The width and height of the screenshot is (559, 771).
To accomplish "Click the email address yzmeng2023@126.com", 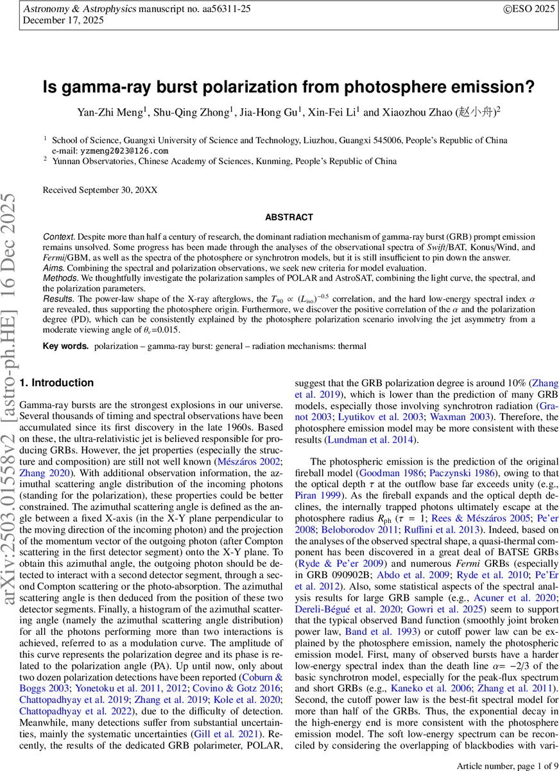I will (x=125, y=150).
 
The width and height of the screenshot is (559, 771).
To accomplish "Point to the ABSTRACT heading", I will (x=289, y=218).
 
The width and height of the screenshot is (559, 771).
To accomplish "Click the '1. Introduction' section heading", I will (x=57, y=383).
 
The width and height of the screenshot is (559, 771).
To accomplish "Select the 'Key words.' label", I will (x=65, y=346).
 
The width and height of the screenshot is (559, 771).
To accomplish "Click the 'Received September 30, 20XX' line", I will (x=99, y=190).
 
